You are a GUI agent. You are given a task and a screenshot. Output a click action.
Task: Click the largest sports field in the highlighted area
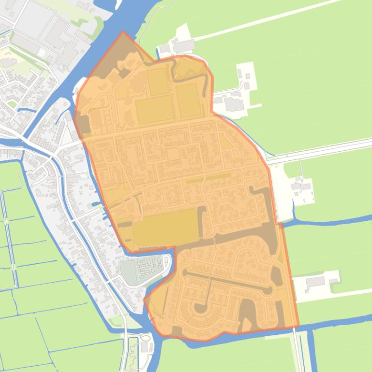click(x=166, y=227)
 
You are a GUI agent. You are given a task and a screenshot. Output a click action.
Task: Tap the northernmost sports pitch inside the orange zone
click(x=157, y=81)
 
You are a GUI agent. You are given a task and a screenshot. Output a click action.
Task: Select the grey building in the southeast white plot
click(x=315, y=281)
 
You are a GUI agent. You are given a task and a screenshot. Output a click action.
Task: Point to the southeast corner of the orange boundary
click(x=298, y=327)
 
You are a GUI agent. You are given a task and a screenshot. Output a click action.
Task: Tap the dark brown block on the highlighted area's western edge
click(x=83, y=124)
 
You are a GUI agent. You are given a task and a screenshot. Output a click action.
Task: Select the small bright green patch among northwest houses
click(x=12, y=103)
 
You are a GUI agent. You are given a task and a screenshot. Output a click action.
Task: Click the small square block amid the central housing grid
click(x=173, y=154)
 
